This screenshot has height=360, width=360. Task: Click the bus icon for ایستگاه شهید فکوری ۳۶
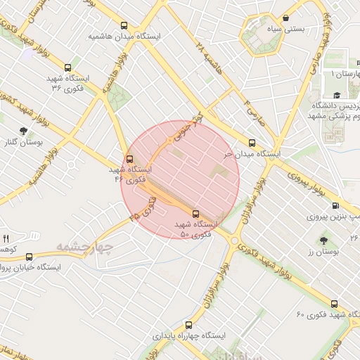tap(67, 68)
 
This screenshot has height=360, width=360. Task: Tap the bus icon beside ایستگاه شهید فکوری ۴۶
tap(129, 158)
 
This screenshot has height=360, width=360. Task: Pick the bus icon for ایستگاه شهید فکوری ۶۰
tap(334, 304)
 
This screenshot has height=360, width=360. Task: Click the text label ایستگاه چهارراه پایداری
tap(188, 336)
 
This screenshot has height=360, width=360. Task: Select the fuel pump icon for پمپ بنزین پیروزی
tap(334, 206)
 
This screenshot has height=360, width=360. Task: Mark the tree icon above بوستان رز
tap(323, 240)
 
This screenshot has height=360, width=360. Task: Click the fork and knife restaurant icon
tap(6, 239)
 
